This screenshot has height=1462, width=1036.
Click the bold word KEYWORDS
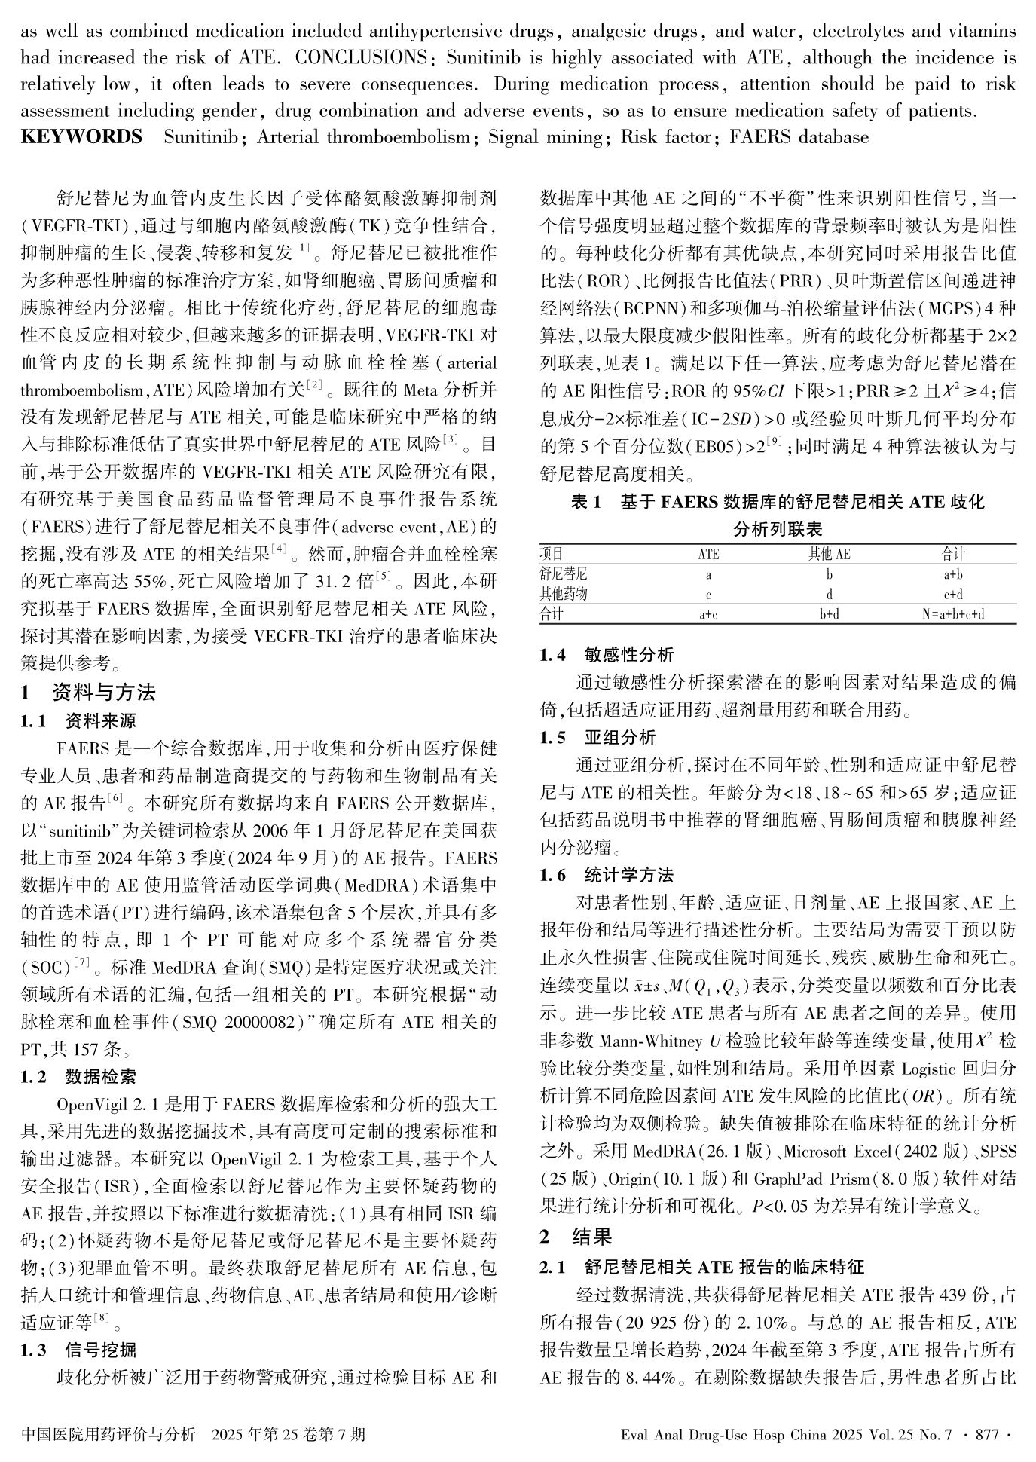pyautogui.click(x=81, y=137)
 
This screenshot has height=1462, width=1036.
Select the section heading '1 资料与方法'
pyautogui.click(x=88, y=693)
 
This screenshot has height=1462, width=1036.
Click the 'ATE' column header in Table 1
pyautogui.click(x=708, y=555)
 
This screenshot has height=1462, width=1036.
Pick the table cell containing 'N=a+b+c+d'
pyautogui.click(x=953, y=614)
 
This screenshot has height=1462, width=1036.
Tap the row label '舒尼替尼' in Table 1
pyautogui.click(x=564, y=574)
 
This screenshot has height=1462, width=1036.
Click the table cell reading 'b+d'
pyautogui.click(x=829, y=614)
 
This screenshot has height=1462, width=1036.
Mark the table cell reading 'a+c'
pyautogui.click(x=708, y=614)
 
